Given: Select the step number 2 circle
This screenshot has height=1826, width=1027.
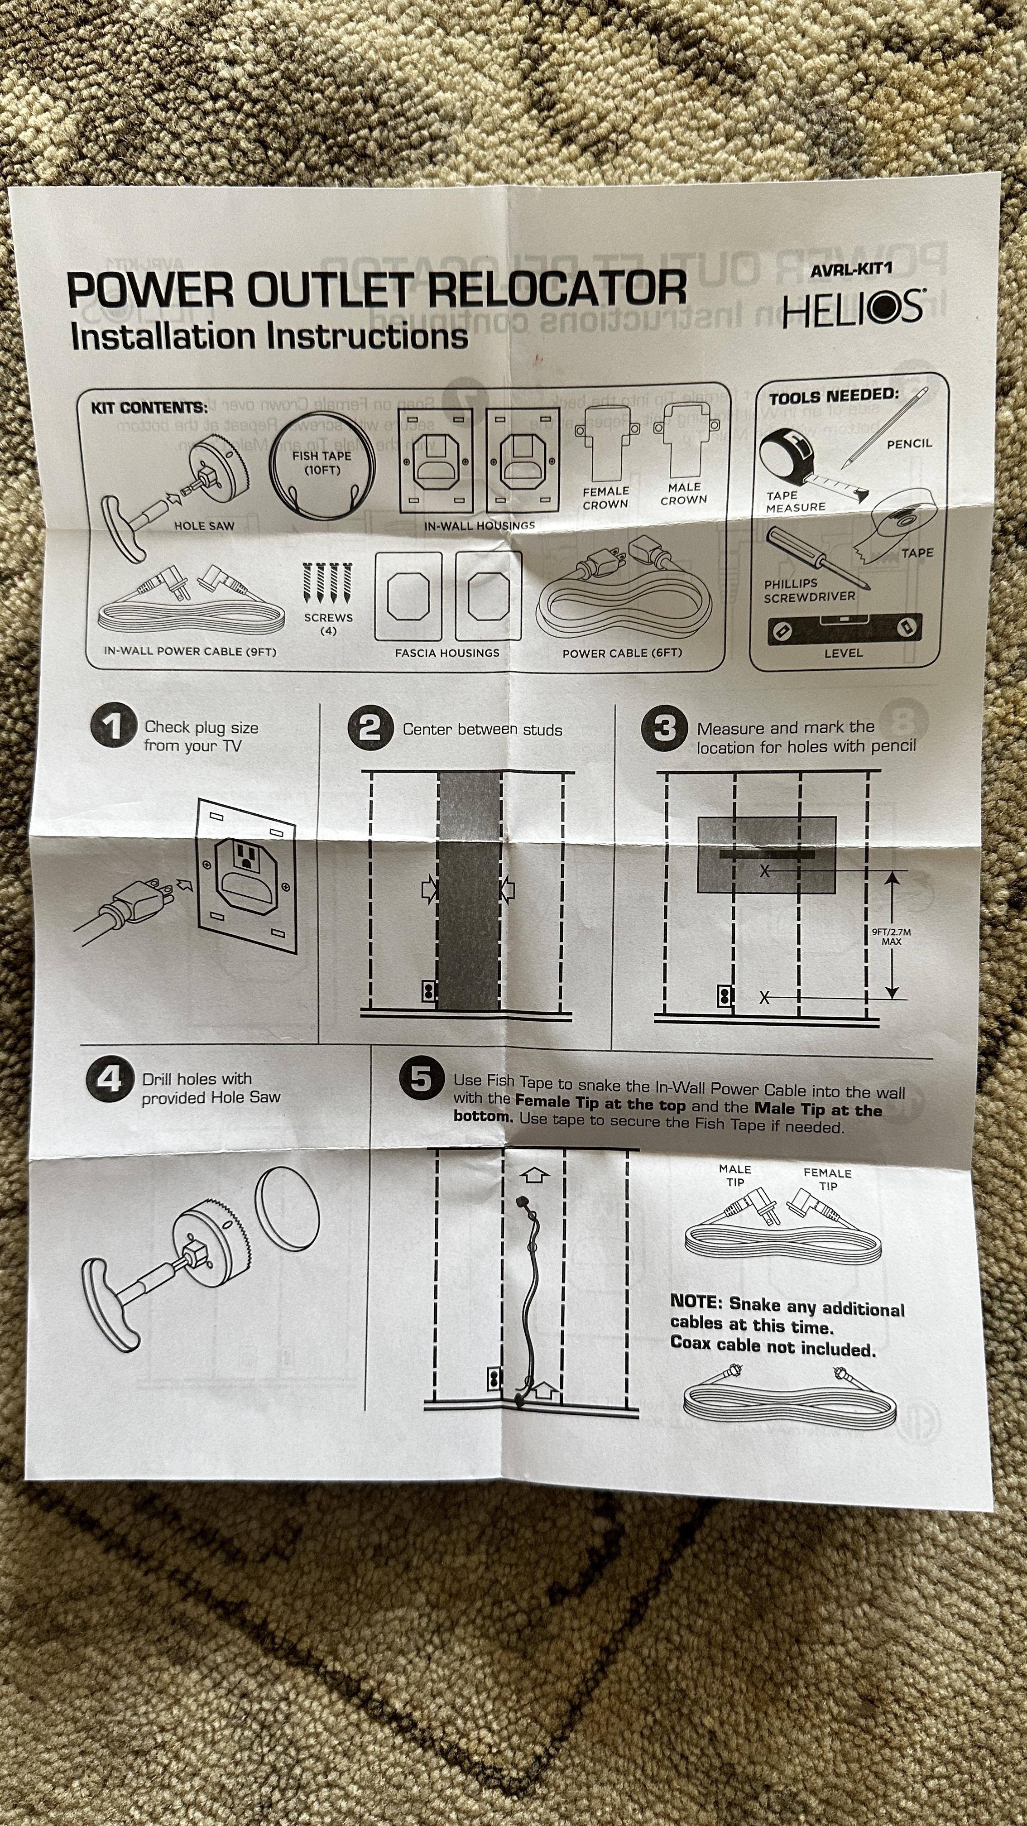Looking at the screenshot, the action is [370, 727].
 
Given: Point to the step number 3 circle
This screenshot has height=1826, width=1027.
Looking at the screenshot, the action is [664, 728].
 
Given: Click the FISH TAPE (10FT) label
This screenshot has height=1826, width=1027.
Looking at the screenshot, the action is [322, 462].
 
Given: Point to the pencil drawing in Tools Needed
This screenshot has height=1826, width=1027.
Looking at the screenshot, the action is [885, 428].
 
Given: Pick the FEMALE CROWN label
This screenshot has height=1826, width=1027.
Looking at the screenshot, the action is [605, 498].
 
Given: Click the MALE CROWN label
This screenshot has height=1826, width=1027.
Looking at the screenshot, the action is [684, 493].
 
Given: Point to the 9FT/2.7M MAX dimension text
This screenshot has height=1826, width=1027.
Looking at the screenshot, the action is [892, 937].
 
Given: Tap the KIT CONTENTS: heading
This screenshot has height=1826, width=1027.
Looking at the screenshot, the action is [149, 408].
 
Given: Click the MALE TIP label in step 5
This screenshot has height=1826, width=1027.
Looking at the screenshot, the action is [735, 1175].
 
